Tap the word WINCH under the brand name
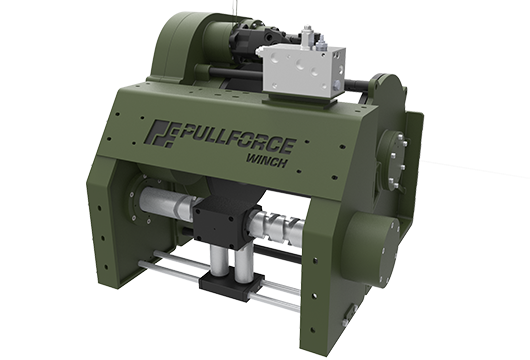click(267, 161)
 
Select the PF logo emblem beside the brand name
click(162, 133)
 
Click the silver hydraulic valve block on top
click(301, 69)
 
